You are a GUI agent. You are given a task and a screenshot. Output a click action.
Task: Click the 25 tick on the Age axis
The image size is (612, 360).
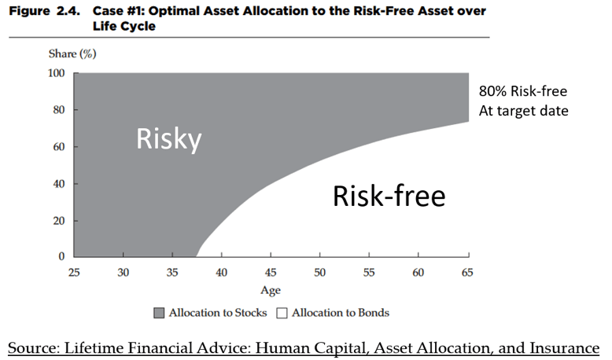coord(74,272)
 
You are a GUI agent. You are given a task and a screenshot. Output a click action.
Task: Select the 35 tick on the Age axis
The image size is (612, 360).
coord(172,272)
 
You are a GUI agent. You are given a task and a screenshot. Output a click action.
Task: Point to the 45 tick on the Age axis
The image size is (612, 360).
coord(271,272)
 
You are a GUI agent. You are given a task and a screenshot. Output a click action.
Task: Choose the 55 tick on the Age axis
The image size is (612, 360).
coord(370,272)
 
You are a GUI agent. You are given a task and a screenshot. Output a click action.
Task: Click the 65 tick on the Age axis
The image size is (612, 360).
coord(468,272)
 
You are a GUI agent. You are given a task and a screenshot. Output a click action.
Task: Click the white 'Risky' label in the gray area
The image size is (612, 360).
coord(168,139)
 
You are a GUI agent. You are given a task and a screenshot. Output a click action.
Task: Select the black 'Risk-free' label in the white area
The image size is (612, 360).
coord(389,196)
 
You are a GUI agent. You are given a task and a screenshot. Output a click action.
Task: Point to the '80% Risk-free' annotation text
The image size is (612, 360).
coord(523,90)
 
